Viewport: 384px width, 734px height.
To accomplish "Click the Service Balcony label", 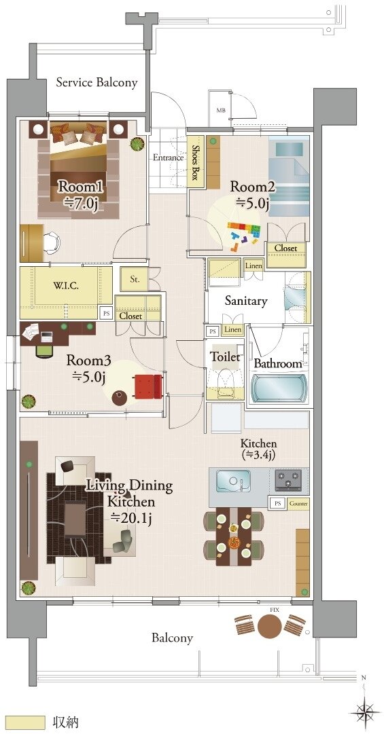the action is tap(97, 83).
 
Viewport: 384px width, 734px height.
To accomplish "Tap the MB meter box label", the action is tap(220, 111).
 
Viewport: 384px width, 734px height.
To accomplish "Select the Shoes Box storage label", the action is tap(195, 162).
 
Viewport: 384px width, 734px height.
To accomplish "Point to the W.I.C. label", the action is tap(65, 286).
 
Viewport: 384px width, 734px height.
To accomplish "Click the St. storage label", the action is tap(135, 280).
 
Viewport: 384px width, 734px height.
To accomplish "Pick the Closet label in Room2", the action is tap(285, 249).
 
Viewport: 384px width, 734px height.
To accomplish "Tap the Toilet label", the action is tap(225, 356).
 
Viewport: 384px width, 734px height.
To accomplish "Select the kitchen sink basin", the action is tap(232, 481).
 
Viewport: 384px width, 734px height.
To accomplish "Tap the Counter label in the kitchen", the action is tap(298, 504).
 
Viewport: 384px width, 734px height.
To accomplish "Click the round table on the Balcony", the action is tap(270, 625).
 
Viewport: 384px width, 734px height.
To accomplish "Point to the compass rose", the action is tap(365, 712).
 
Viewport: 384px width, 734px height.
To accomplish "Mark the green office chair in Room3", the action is tap(45, 350).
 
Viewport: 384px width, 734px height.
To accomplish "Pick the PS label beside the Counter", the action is tap(278, 504).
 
